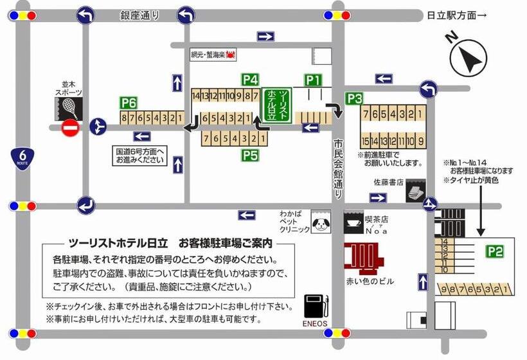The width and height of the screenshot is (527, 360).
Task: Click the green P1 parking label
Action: (312, 80)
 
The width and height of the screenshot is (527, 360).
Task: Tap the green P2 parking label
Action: (494, 251)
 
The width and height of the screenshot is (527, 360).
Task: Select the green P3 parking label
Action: (355, 98)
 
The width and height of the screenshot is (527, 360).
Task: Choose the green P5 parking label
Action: (250, 154)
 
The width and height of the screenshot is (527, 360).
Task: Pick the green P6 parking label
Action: (129, 103)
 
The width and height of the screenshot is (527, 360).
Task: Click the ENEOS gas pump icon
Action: (316, 305)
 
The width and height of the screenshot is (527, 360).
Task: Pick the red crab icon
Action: (230, 56)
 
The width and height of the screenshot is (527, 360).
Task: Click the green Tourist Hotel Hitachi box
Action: (277, 105)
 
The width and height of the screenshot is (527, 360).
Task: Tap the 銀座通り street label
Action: (139, 15)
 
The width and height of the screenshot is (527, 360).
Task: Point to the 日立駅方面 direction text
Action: (456, 16)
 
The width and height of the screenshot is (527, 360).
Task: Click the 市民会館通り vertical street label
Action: (337, 169)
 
